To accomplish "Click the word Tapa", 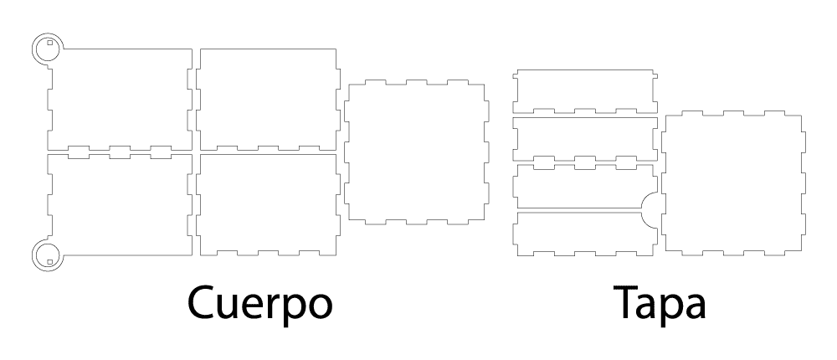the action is pos(660,303).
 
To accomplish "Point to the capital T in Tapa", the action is pos(626,303).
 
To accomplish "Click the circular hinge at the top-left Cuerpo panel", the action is pos(48,49).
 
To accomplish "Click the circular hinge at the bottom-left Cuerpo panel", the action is pos(48,255).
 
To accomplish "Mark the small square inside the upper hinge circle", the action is pos(49,43).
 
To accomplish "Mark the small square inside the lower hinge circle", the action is pos(49,262).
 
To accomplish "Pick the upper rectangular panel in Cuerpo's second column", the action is pos(268,100).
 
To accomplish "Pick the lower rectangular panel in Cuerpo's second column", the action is pos(268,204).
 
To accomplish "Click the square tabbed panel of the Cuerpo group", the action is pos(416,152).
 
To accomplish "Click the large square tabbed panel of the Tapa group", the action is pos(733,183).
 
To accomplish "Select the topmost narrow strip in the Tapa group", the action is pos(585,91).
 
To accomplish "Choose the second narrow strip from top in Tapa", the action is pos(585,138).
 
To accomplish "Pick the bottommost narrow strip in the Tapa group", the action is pos(585,234).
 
